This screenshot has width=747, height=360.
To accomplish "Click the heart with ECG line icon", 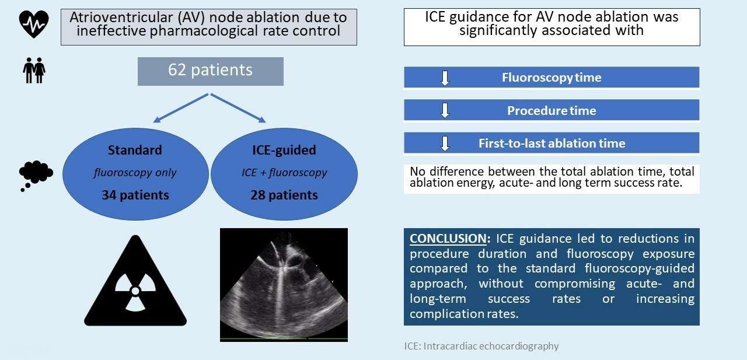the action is click(x=34, y=24).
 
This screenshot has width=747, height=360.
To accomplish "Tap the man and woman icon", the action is click(x=34, y=70).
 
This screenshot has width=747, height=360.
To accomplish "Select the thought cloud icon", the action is click(x=36, y=176).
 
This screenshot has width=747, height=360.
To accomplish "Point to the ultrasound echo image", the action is click(x=284, y=285).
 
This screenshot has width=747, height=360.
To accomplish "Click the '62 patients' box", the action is click(x=211, y=71).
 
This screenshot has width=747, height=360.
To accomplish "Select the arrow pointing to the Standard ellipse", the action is click(x=180, y=109).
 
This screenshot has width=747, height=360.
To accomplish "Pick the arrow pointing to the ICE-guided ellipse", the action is click(x=238, y=109).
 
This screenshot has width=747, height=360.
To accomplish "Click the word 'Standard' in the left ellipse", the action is click(x=135, y=150).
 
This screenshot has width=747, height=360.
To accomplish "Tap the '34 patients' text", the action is click(x=135, y=195).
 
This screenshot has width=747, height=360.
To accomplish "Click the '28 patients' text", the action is click(x=284, y=195).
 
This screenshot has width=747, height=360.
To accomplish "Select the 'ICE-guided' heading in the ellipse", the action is click(x=284, y=150).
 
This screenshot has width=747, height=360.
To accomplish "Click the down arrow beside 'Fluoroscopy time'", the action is click(x=445, y=78).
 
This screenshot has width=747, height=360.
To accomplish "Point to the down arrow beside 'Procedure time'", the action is click(x=445, y=110).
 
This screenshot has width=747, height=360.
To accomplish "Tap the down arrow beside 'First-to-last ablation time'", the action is click(x=445, y=144).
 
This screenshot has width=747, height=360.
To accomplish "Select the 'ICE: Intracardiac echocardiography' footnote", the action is click(x=481, y=346).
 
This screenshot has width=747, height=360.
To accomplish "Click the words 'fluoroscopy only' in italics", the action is click(x=135, y=173).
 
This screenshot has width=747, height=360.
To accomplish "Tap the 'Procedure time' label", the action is click(x=551, y=111).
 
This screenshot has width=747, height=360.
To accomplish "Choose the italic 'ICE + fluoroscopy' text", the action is click(x=284, y=173).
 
